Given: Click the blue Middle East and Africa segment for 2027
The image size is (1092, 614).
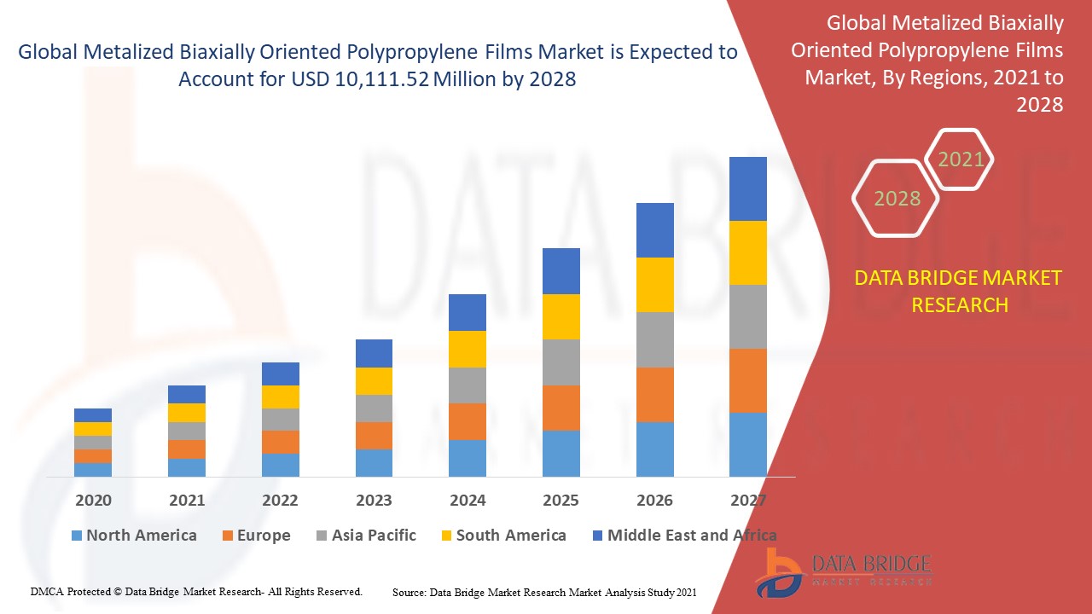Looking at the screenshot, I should [748, 188].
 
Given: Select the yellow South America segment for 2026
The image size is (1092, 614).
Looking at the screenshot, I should [654, 285].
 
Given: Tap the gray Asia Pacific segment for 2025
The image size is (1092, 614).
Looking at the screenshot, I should [561, 362].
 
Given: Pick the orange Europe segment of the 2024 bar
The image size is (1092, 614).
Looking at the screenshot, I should [468, 421].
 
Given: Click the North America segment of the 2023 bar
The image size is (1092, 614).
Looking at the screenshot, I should [374, 462].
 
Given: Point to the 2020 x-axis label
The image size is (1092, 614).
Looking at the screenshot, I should [93, 500].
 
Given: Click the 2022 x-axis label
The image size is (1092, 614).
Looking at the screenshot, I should [280, 500].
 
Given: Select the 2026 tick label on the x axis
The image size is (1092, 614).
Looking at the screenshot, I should [654, 500].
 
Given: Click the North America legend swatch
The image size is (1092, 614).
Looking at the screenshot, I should [77, 536].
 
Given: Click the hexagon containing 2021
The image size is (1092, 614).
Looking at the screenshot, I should [961, 159].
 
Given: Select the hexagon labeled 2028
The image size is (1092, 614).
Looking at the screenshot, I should [897, 199].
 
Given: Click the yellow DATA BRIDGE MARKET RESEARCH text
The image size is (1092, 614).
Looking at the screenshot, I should [959, 291].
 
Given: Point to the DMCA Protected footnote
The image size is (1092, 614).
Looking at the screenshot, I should [196, 591].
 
